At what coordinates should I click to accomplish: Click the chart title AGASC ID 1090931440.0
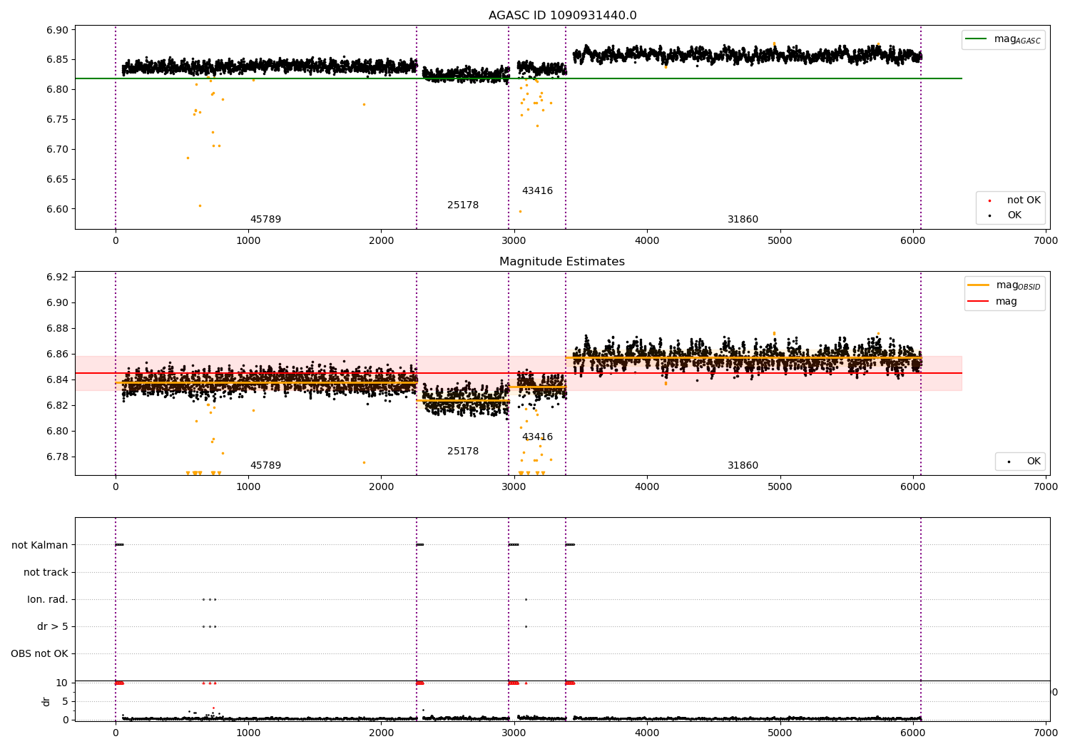point(562,16)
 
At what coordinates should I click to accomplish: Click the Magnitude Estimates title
point(562,262)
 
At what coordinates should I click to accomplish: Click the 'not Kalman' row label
point(40,545)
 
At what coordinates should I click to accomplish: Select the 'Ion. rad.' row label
point(48,600)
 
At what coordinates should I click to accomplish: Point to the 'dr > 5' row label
point(53,627)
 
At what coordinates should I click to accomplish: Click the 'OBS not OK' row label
point(40,654)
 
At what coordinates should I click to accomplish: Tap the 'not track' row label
point(46,572)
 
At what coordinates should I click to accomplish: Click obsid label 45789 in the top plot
point(265,220)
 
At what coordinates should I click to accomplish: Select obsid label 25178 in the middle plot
point(463,452)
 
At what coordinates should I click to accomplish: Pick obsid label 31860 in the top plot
point(743,220)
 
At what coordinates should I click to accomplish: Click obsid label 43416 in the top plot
point(537,191)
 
